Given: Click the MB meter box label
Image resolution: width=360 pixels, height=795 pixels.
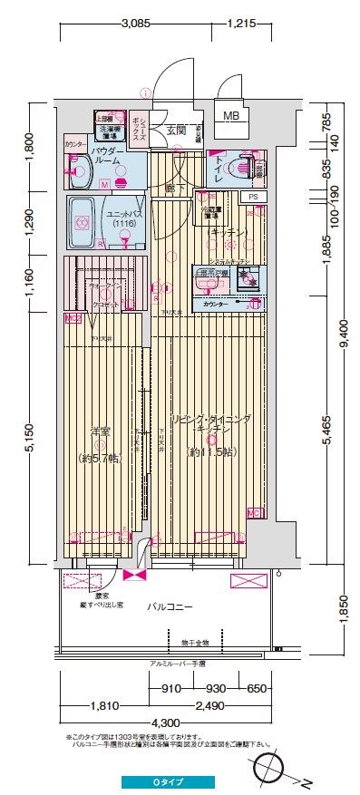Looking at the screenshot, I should (x=232, y=115).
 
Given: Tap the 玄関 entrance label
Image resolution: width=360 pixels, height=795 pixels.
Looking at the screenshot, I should (x=176, y=131).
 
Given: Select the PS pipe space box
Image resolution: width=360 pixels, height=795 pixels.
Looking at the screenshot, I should (x=253, y=196).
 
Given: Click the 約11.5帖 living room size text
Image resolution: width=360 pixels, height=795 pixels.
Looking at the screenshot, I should (x=210, y=451).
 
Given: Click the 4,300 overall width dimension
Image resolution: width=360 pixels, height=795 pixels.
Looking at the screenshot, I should (x=164, y=722).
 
